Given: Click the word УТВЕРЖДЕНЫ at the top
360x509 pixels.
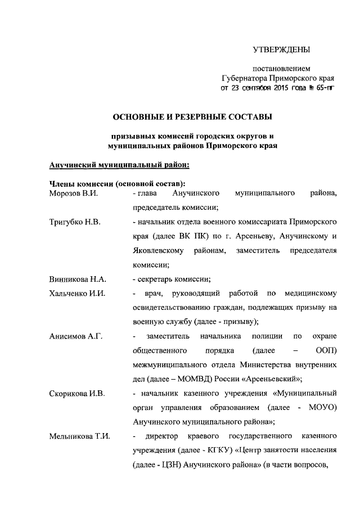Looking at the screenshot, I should tap(280, 50).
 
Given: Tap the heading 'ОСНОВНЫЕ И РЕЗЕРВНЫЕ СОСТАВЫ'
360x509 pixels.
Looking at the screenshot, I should tap(193, 117).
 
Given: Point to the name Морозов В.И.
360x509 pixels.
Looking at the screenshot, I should tap(69, 193).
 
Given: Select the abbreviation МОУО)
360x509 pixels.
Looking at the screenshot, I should tap(323, 407).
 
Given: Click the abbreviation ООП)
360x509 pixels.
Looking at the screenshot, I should tap(326, 350).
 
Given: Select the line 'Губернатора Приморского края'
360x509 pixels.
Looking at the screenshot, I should tap(278, 78).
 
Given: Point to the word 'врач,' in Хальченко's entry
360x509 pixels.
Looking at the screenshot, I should tap(153, 294).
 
